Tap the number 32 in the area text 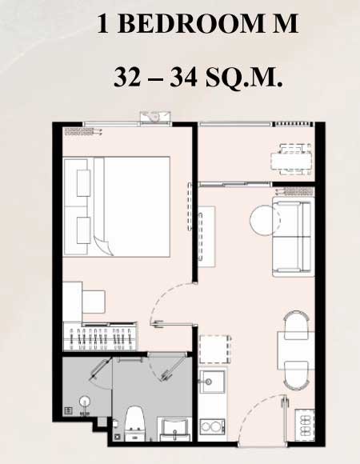point(127,78)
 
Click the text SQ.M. point(244,78)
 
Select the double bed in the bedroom point(117,206)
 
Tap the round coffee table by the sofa point(265,220)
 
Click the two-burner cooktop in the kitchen point(212,426)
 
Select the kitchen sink point(212,382)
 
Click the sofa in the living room point(293,237)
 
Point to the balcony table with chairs point(291,160)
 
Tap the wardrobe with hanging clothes point(100,337)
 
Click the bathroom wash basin point(174,429)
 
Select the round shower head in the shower point(85,402)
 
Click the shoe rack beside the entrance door point(305,423)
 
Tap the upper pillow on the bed point(83,183)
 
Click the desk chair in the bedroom point(94,302)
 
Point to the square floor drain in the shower point(68,410)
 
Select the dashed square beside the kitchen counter point(215,349)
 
